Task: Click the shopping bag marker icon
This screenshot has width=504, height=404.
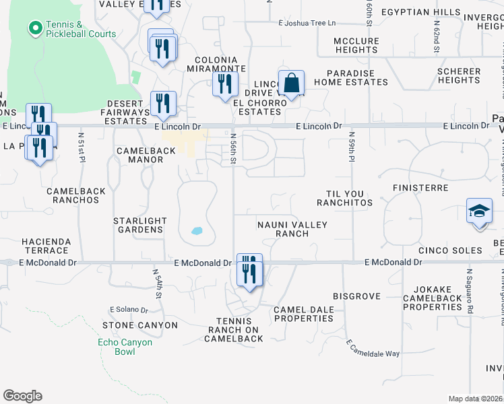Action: [291, 84]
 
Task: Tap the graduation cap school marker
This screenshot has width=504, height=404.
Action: [480, 212]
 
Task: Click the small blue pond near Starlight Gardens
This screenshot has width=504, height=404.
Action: [197, 231]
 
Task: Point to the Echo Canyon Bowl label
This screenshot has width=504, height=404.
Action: [125, 347]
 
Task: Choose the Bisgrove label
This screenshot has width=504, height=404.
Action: [356, 296]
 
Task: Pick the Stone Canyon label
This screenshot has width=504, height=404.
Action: [140, 325]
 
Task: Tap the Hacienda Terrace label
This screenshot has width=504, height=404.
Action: [45, 245]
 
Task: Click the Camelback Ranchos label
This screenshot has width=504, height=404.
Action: [76, 196]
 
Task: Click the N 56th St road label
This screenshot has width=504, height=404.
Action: [232, 148]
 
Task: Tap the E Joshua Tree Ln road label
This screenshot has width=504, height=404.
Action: [307, 23]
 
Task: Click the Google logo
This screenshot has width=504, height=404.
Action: [22, 396]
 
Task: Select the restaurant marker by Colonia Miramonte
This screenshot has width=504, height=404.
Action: [224, 84]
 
